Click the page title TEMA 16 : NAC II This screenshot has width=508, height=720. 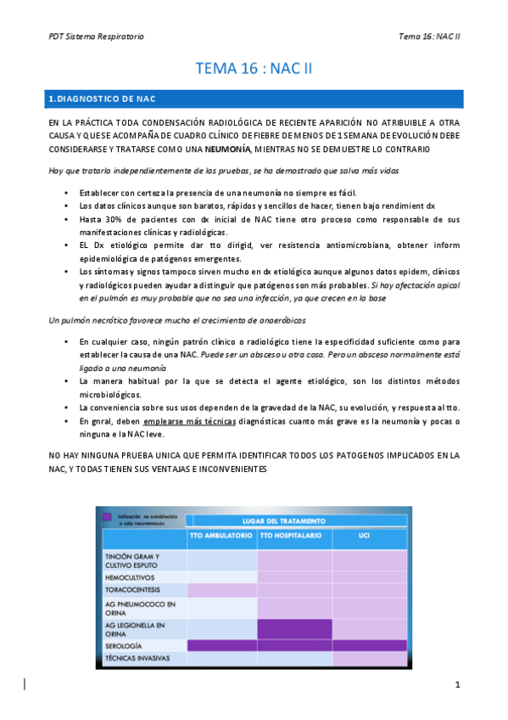(x=254, y=68)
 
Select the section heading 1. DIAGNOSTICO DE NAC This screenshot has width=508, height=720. (x=101, y=100)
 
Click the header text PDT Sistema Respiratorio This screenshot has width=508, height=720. (x=95, y=37)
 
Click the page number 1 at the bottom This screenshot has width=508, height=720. (x=456, y=684)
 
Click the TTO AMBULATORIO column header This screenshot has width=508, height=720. (x=221, y=537)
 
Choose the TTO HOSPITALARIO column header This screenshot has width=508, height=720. (x=293, y=537)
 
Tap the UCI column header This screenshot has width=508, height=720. (x=369, y=537)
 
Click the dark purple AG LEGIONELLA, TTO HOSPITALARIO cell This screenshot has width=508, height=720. (x=293, y=628)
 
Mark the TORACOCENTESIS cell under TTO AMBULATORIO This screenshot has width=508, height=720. (x=221, y=589)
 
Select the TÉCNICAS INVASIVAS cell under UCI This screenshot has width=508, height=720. (x=369, y=658)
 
